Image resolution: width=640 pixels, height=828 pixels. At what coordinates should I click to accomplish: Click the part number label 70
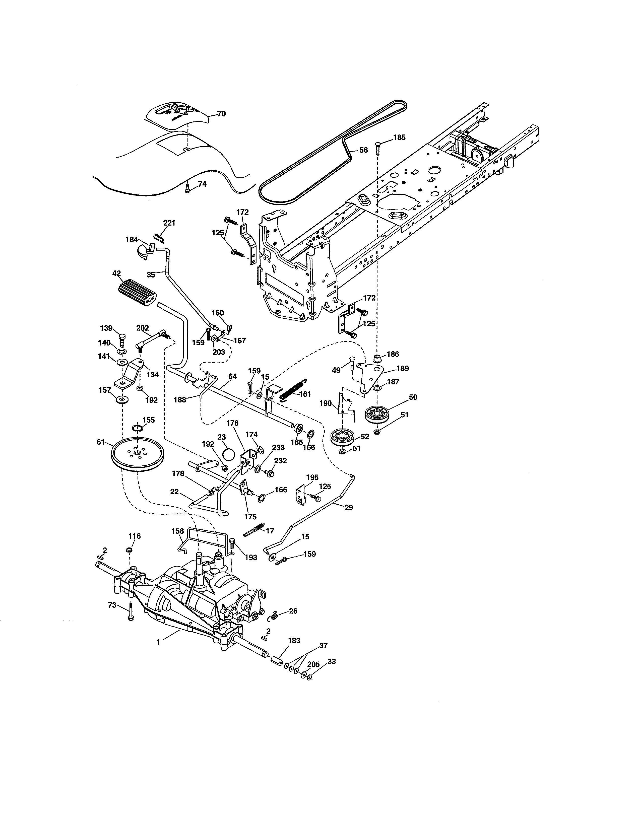pyautogui.click(x=221, y=114)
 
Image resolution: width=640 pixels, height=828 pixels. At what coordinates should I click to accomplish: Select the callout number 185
pyautogui.click(x=399, y=137)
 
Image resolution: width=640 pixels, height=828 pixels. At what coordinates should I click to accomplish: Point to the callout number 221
pyautogui.click(x=169, y=223)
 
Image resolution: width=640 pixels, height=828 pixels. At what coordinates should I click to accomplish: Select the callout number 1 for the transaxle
pyautogui.click(x=158, y=642)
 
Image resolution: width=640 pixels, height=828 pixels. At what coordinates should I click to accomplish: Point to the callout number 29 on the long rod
pyautogui.click(x=348, y=508)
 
